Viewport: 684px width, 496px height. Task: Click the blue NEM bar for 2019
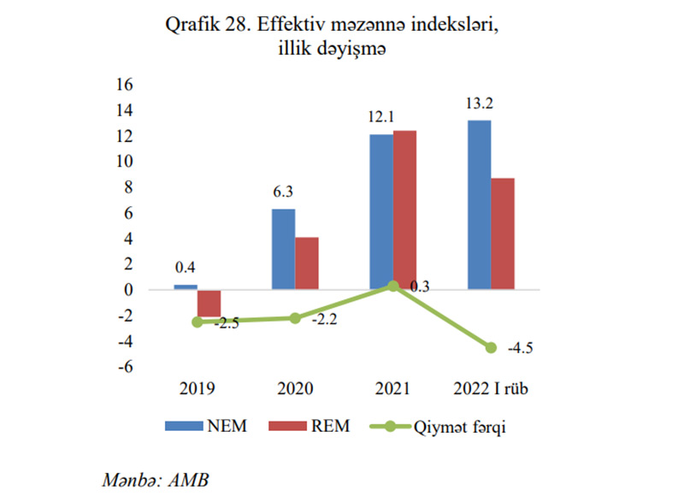pyautogui.click(x=186, y=287)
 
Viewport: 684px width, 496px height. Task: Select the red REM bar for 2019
pyautogui.click(x=209, y=304)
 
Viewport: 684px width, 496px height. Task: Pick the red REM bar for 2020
pyautogui.click(x=307, y=263)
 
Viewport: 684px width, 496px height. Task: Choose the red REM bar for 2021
pyautogui.click(x=404, y=210)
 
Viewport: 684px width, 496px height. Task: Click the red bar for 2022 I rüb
pyautogui.click(x=503, y=233)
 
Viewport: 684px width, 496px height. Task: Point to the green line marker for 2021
pyautogui.click(x=393, y=286)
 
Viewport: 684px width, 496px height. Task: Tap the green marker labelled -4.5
pyautogui.click(x=491, y=347)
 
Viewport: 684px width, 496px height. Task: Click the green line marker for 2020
pyautogui.click(x=295, y=318)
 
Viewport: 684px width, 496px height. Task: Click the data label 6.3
pyautogui.click(x=283, y=193)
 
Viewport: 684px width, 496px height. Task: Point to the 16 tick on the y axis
pyautogui.click(x=125, y=85)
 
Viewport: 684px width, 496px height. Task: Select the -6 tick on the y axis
pyautogui.click(x=125, y=367)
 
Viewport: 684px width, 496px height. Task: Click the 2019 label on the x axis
pyautogui.click(x=198, y=389)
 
